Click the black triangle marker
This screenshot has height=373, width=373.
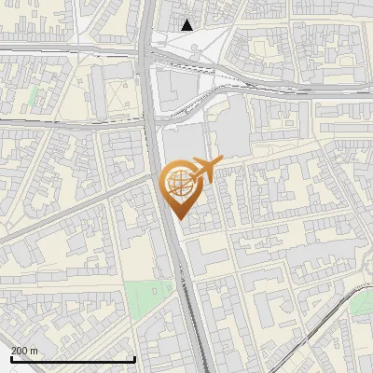(x=187, y=25)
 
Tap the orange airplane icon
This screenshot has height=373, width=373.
(x=204, y=171)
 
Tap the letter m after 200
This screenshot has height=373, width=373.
(x=35, y=351)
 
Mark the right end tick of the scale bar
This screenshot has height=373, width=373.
(x=134, y=357)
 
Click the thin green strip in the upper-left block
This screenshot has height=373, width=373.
(x=35, y=95)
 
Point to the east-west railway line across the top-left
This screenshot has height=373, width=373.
(x=56, y=48)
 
